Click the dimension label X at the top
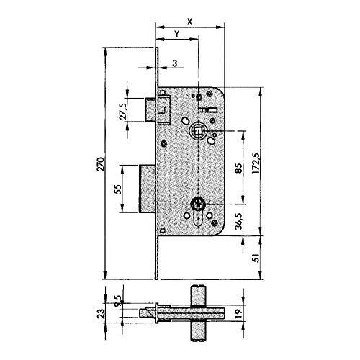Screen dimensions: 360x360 pos(189,22)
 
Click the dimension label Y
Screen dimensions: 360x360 pos(176,34)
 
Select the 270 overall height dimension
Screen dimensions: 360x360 pos(101,164)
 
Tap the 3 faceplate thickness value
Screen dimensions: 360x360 pos(175,63)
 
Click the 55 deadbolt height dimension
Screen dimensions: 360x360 pos(118,189)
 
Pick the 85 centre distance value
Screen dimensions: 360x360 pos(239,168)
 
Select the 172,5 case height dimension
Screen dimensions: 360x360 pos(257,163)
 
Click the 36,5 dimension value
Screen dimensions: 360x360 pos(239,221)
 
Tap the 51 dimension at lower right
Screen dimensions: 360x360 pos(257,258)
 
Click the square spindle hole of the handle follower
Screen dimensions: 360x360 pos(197,131)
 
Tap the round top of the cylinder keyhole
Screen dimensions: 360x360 pos(197,204)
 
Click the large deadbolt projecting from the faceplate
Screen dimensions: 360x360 pos(147,189)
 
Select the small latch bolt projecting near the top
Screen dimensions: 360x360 pos(150,109)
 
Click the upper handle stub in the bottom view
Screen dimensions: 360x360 pos(199,296)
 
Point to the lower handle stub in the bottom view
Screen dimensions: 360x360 pos(199,330)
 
